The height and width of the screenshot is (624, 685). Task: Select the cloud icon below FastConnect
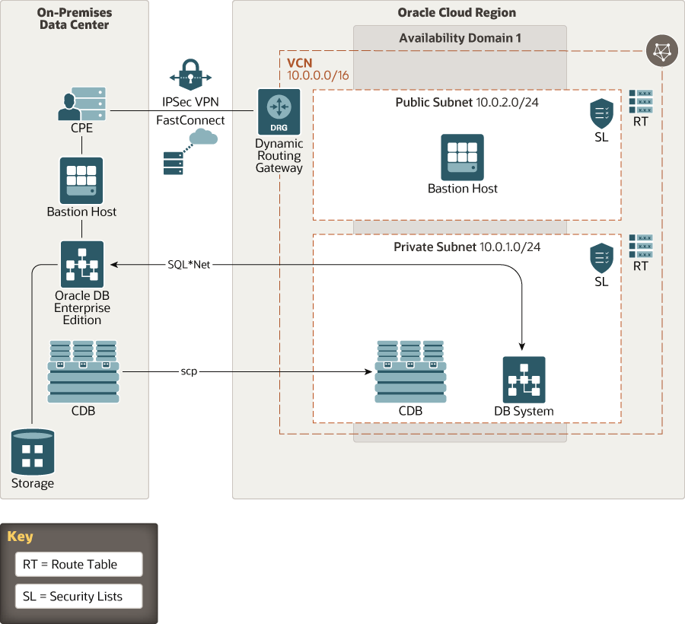[x=202, y=138]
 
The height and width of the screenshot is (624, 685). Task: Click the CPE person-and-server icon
[x=81, y=103]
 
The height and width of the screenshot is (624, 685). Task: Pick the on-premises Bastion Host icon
[x=81, y=180]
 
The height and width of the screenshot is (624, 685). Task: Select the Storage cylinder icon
[x=33, y=452]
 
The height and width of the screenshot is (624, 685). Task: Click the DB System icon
[x=524, y=379]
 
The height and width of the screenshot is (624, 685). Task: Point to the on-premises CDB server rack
[x=83, y=372]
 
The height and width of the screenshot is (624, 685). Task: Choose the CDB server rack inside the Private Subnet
[x=410, y=372]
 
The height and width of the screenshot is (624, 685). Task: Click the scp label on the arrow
[x=190, y=371]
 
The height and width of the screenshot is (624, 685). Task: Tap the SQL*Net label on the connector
[x=188, y=264]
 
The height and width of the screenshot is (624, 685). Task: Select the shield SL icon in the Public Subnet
[x=601, y=113]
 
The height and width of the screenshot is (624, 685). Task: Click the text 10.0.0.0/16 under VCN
[x=317, y=75]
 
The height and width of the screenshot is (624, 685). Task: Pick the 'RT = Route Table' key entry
[x=78, y=564]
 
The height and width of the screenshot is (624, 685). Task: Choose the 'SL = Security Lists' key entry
[x=78, y=596]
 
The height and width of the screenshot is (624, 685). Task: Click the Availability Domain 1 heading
[x=460, y=38]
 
